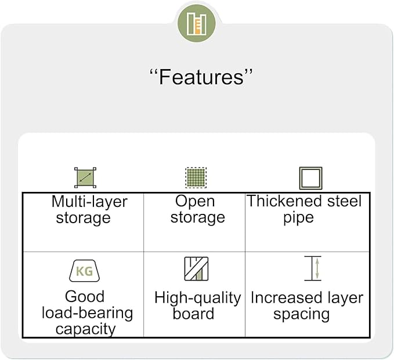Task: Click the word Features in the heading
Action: coord(201,77)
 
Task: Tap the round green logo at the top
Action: coord(197,23)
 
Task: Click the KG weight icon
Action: coord(85,271)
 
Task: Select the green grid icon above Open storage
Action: coord(196,177)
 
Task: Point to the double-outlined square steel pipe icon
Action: coord(310,178)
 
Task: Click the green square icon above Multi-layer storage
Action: coord(85,177)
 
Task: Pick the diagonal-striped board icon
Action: coord(196,268)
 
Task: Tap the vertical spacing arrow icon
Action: coord(313,268)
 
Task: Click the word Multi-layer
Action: coord(89,202)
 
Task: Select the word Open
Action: coord(195,202)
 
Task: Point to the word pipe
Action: coord(298,217)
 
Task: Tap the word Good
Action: coord(85,296)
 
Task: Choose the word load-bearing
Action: coord(88,313)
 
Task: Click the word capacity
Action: coord(86,329)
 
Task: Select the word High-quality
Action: coord(198,298)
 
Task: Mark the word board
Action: coord(193,314)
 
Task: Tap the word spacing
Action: coord(302,315)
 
